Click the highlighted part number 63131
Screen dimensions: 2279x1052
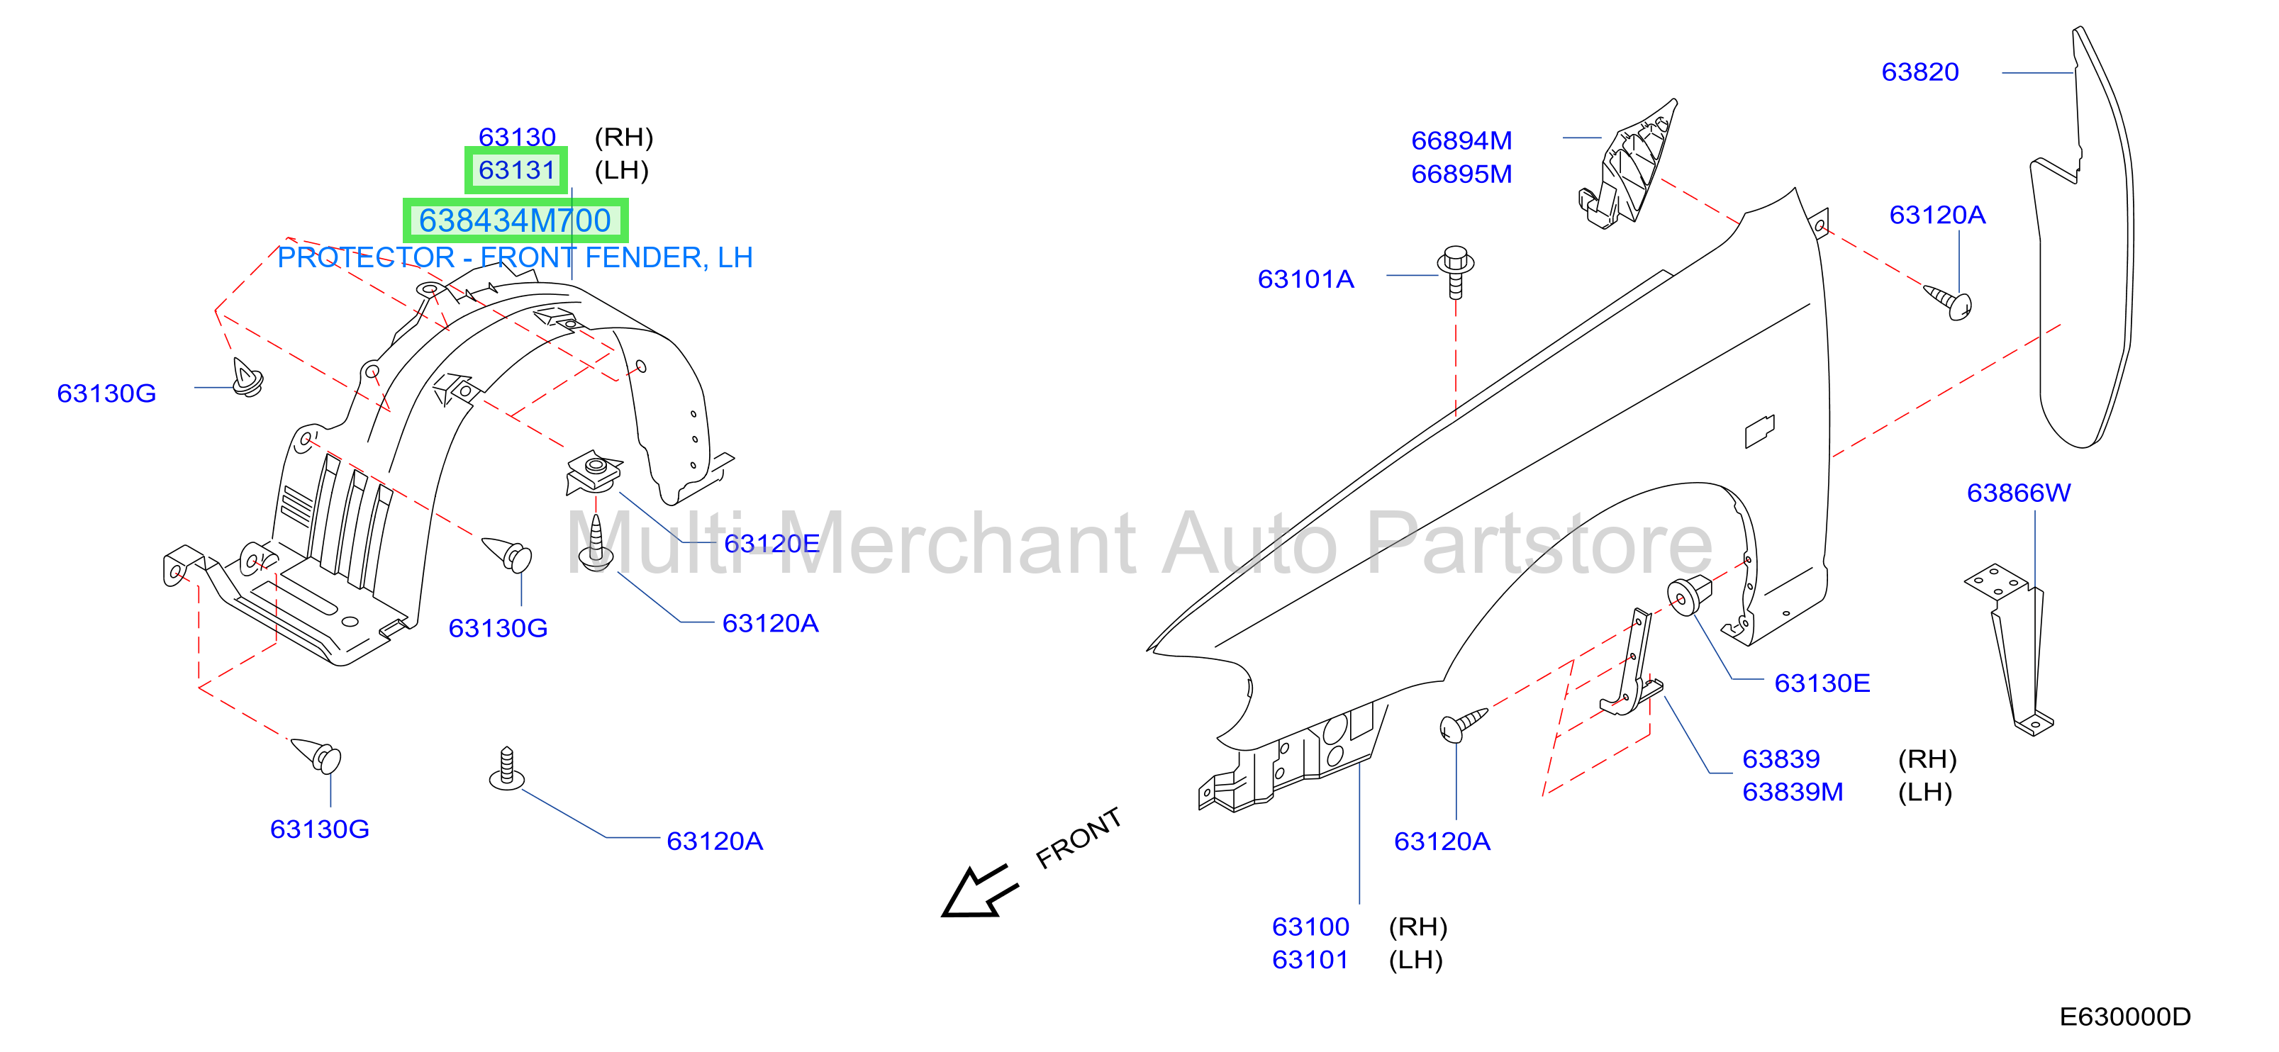[x=517, y=170]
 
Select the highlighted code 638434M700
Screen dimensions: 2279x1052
[x=515, y=220]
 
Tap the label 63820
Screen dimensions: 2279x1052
[x=1919, y=72]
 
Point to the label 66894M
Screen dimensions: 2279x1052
[x=1461, y=140]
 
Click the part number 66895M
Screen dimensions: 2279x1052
[x=1461, y=174]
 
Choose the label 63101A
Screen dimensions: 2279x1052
[x=1306, y=279]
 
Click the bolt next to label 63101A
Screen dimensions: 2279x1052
[x=1455, y=272]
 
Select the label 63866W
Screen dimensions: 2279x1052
[x=2018, y=493]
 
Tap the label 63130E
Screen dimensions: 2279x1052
[x=1822, y=683]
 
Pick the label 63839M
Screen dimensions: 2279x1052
[x=1793, y=792]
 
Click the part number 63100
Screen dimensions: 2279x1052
[x=1310, y=927]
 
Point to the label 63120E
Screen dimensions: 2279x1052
[x=771, y=543]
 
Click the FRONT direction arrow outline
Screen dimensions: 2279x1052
[x=979, y=891]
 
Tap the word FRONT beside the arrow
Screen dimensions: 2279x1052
[x=1079, y=837]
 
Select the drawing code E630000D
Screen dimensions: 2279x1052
[x=2124, y=1017]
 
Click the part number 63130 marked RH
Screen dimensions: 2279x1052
[x=517, y=136]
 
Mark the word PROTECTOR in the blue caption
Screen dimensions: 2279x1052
[x=365, y=257]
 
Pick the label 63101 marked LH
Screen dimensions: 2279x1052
[x=1310, y=960]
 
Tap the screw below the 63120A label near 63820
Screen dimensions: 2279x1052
[x=1948, y=301]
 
